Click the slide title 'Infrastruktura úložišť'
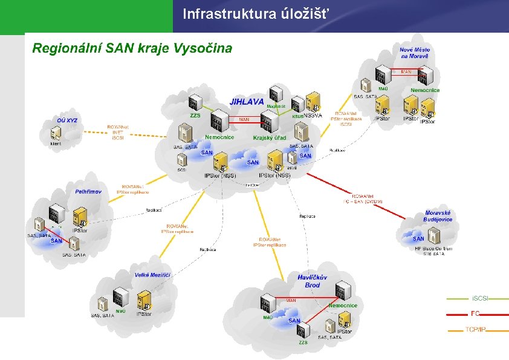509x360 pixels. tap(257, 13)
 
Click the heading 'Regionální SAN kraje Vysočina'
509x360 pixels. tap(132, 48)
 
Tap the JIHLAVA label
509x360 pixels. tap(246, 102)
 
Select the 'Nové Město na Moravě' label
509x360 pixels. tap(414, 53)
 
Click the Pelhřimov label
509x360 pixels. tap(88, 191)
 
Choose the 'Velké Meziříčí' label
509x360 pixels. tap(152, 275)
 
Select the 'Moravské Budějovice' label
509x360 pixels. tap(438, 216)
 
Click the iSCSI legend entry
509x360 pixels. tap(480, 298)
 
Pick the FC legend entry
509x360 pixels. tap(476, 313)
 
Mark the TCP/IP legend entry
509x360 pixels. tap(476, 330)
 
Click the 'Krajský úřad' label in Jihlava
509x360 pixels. tap(270, 138)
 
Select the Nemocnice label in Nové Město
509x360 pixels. tap(425, 90)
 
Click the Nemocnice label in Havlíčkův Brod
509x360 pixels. tap(343, 306)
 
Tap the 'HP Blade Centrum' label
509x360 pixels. tap(433, 249)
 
